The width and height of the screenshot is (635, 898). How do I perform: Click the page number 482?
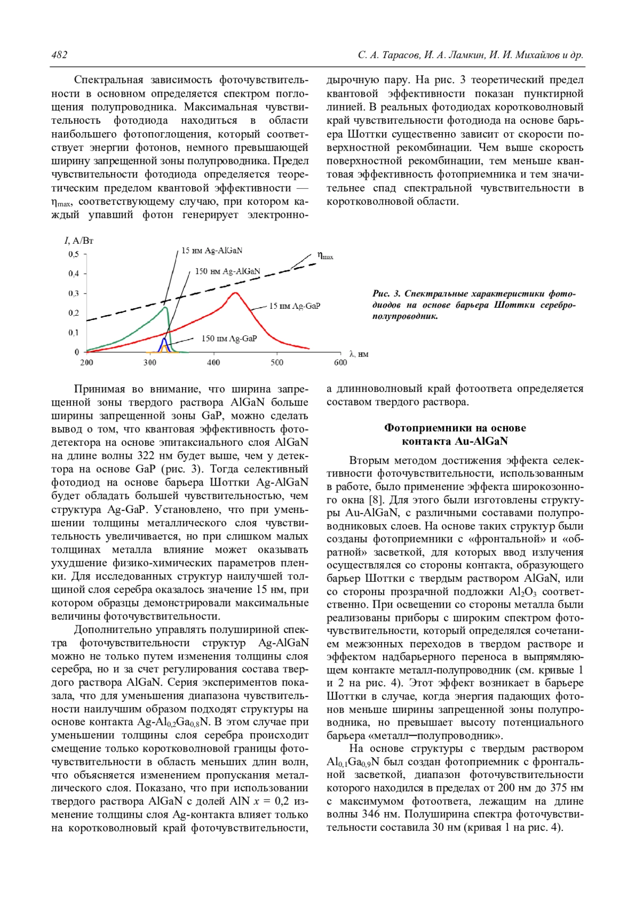pyautogui.click(x=59, y=55)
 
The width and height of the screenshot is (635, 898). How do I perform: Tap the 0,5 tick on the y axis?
pyautogui.click(x=74, y=254)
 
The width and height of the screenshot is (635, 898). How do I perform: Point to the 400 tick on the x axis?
pyautogui.click(x=213, y=362)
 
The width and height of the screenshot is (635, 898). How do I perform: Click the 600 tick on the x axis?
pyautogui.click(x=340, y=362)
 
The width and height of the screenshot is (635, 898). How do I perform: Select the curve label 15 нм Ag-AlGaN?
pyautogui.click(x=212, y=251)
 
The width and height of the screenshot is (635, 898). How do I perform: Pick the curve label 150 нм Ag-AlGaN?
pyautogui.click(x=228, y=271)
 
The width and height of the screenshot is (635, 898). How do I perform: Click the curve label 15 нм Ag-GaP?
pyautogui.click(x=295, y=306)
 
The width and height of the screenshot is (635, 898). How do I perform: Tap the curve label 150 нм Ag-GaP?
pyautogui.click(x=229, y=338)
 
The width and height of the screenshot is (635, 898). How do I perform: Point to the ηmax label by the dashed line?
pyautogui.click(x=325, y=255)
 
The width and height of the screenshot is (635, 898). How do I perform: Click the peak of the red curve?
pyautogui.click(x=235, y=292)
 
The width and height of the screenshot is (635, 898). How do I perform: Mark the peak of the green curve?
pyautogui.click(x=166, y=307)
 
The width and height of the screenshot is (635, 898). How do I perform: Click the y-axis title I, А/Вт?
pyautogui.click(x=79, y=241)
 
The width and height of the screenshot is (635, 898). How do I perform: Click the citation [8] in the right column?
pyautogui.click(x=374, y=500)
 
